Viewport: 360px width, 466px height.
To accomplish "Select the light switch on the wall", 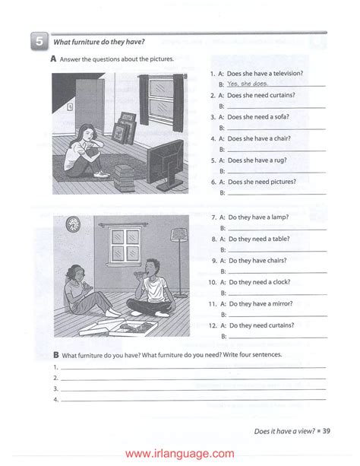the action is point(69,107).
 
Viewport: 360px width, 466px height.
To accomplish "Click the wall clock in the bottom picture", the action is point(73,223).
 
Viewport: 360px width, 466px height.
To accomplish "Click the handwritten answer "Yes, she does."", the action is point(247,84).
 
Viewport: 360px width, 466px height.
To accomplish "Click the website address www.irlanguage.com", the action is point(179,453).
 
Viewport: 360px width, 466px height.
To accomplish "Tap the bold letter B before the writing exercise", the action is point(56,354).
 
